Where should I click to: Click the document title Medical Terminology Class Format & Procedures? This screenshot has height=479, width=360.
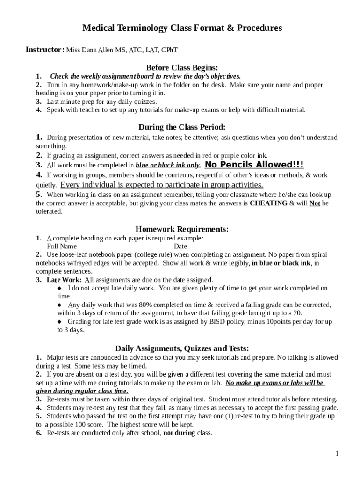pyautogui.click(x=182, y=28)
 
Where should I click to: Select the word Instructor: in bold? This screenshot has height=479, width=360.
pyautogui.click(x=45, y=50)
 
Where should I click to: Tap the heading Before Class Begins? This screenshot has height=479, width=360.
pyautogui.click(x=182, y=67)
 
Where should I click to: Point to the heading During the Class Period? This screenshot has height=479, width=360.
pyautogui.click(x=182, y=127)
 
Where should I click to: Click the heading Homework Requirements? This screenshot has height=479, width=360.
pyautogui.click(x=182, y=229)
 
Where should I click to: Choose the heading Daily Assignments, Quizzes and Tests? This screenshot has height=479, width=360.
pyautogui.click(x=182, y=348)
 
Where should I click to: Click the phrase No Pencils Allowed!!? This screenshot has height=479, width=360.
pyautogui.click(x=254, y=165)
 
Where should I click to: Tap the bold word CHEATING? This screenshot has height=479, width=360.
pyautogui.click(x=269, y=203)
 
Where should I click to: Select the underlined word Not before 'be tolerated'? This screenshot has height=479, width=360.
pyautogui.click(x=315, y=203)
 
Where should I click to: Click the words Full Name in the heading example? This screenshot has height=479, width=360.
pyautogui.click(x=62, y=247)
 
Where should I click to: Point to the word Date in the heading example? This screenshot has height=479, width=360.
pyautogui.click(x=180, y=247)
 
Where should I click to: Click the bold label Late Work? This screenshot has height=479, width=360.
pyautogui.click(x=65, y=280)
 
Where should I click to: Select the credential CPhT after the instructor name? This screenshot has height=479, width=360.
pyautogui.click(x=169, y=50)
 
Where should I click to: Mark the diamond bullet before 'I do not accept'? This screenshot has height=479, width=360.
pyautogui.click(x=59, y=288)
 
